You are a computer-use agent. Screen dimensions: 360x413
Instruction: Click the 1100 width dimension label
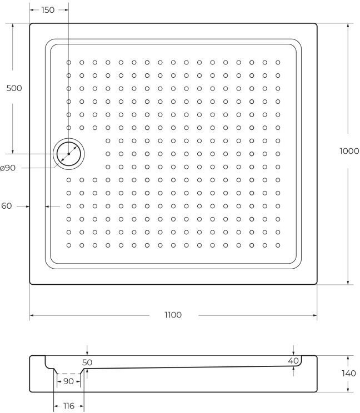[x=173, y=315]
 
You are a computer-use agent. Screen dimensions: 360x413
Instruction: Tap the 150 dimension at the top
[x=48, y=10]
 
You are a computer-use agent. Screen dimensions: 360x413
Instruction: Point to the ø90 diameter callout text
[x=8, y=168]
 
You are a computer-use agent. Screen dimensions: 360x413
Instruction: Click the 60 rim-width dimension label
[x=7, y=206]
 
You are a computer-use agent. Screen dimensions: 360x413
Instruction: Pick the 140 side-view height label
[x=348, y=374]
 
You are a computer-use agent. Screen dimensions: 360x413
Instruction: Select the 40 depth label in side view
[x=293, y=361]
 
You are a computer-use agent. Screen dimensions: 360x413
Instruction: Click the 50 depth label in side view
[x=87, y=362]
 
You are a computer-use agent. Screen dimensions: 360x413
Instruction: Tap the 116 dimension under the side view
[x=68, y=406]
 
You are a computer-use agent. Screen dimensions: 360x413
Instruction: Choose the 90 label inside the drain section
[x=68, y=381]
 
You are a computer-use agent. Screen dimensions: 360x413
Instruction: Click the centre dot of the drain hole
[x=68, y=154]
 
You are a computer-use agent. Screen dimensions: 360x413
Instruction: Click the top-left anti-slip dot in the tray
[x=69, y=63]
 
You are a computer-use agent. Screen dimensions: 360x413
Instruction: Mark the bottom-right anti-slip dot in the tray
[x=278, y=245]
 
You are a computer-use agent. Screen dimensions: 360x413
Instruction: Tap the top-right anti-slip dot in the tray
[x=278, y=63]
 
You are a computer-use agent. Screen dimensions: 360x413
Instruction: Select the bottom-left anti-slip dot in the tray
[x=69, y=245]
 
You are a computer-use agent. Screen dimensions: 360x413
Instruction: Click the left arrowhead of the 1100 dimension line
[x=32, y=315]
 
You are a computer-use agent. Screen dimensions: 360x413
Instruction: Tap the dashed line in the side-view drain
[x=68, y=374]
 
